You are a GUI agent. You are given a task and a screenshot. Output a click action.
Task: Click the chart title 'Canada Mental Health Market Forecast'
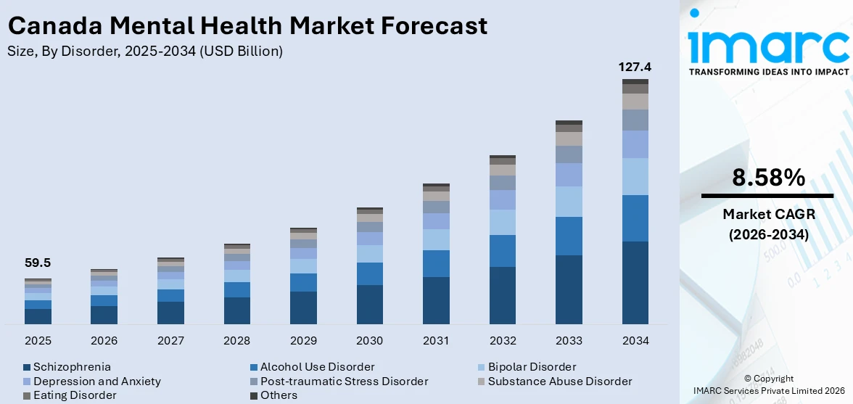(x=247, y=26)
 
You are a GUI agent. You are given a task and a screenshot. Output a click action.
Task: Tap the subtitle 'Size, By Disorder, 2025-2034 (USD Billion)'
(x=145, y=51)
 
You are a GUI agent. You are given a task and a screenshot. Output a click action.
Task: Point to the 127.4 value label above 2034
(x=635, y=67)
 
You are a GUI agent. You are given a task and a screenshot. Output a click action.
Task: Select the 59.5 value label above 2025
(x=38, y=263)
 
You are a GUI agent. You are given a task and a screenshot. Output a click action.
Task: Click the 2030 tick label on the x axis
(x=369, y=341)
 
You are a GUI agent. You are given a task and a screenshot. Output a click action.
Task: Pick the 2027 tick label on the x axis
(x=170, y=341)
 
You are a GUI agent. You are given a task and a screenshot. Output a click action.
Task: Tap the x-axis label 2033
(x=569, y=341)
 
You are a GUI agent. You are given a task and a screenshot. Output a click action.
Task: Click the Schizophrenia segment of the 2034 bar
(x=635, y=283)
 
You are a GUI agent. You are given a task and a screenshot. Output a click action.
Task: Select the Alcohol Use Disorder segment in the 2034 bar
(x=635, y=218)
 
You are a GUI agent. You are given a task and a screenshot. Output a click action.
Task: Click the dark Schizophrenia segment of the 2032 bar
(x=502, y=295)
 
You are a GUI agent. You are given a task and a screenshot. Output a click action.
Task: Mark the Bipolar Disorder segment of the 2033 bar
(x=569, y=202)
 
